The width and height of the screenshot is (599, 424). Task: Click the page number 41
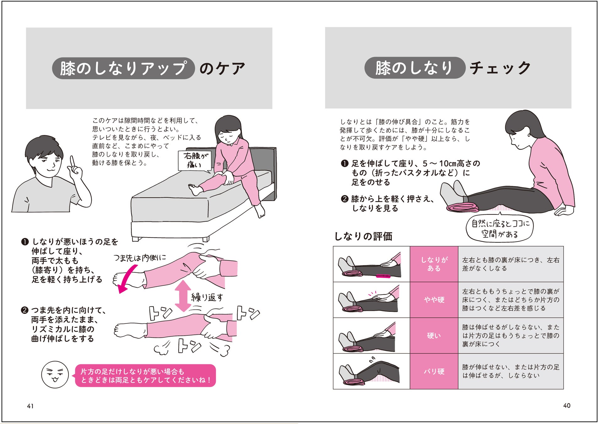[x=30, y=406]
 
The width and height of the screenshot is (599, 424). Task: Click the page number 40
[x=567, y=405]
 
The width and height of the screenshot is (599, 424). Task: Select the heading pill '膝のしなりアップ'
[x=123, y=68]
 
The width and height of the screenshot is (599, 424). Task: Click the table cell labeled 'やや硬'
[x=434, y=300]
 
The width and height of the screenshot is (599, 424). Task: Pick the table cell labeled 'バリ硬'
[x=434, y=372]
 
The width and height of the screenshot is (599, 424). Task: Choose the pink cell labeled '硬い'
[x=434, y=336]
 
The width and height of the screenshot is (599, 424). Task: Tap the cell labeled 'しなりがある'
[x=434, y=264]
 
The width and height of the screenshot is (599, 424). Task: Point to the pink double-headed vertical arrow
[x=183, y=296]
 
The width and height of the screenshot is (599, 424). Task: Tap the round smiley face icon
[x=55, y=374]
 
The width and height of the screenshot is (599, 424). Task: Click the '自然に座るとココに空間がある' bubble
[x=500, y=228]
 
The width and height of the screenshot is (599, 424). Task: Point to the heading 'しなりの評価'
[x=363, y=236]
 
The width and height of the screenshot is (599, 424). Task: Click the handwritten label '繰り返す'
[x=207, y=297]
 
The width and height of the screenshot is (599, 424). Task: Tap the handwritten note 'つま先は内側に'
[x=139, y=258]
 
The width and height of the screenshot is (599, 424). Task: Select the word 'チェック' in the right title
[x=500, y=68]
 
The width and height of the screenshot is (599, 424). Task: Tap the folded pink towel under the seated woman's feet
[x=462, y=207]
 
